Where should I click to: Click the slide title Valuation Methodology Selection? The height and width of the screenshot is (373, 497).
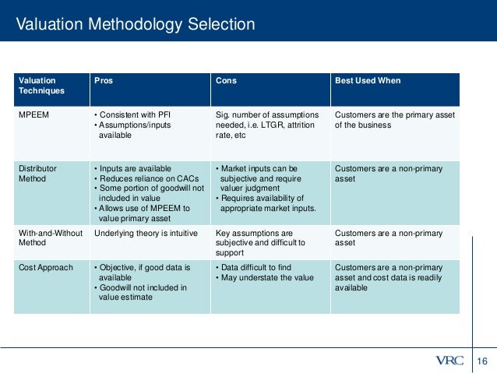click(136, 24)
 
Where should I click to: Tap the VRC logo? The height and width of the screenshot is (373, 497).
click(449, 361)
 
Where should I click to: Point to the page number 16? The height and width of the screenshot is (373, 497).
click(481, 361)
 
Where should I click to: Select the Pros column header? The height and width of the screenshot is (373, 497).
click(104, 80)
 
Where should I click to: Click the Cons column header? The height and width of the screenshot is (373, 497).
click(226, 80)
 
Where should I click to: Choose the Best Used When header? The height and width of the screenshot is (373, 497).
click(368, 80)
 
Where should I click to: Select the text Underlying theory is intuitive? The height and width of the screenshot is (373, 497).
click(146, 232)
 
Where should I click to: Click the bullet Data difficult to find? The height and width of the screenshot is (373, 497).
click(259, 268)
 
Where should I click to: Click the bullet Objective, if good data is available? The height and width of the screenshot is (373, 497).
click(143, 273)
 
